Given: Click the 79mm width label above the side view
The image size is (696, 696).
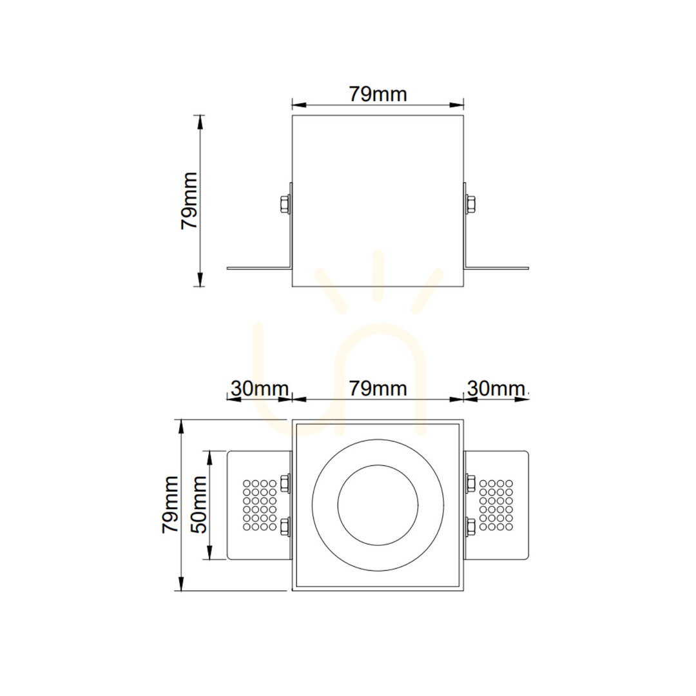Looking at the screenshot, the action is click(x=378, y=94).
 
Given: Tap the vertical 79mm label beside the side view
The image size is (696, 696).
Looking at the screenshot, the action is click(x=189, y=200).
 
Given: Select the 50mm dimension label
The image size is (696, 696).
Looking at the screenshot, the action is click(x=198, y=505).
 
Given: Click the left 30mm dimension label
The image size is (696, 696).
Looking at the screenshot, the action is click(x=260, y=389).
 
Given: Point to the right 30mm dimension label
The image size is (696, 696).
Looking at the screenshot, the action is click(x=496, y=389).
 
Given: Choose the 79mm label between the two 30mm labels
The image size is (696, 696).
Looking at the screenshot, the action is click(x=378, y=389).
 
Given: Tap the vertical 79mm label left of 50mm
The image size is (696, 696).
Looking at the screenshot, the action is click(x=170, y=505).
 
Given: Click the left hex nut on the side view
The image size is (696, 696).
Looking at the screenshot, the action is click(x=285, y=205).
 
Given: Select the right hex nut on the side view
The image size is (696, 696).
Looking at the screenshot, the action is click(x=470, y=205).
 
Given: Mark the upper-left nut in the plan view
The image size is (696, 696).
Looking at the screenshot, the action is click(x=285, y=483).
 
